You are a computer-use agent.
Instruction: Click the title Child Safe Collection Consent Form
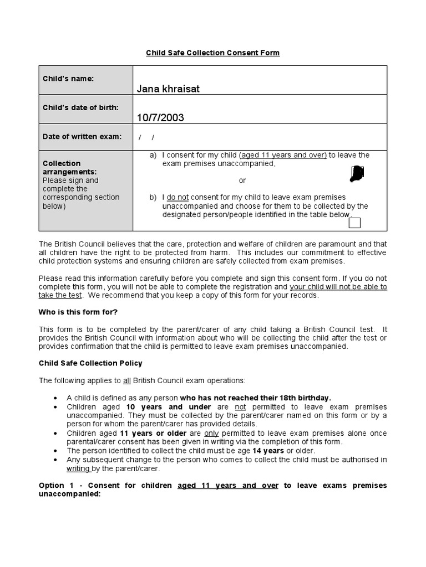(212, 53)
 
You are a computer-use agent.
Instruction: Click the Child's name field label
(68, 79)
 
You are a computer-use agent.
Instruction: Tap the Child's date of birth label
(80, 107)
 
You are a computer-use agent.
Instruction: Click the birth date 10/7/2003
(161, 117)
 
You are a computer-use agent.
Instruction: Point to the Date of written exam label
(82, 136)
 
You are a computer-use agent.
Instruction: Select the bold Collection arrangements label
(62, 167)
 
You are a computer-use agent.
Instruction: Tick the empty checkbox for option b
(354, 223)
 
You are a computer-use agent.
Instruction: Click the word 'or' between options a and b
(242, 181)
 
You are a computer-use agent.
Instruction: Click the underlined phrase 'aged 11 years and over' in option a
(283, 155)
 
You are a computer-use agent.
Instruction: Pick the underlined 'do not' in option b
(178, 197)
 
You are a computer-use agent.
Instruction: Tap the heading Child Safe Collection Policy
(90, 363)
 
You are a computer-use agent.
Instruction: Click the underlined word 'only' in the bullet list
(212, 433)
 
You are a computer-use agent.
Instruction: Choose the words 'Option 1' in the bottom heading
(55, 486)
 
